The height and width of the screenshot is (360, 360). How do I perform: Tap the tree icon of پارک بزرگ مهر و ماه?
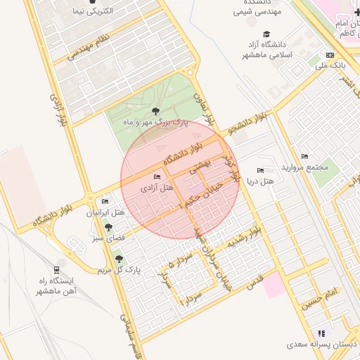(155, 111)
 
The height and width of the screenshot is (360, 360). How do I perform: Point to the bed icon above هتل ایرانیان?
(105, 202)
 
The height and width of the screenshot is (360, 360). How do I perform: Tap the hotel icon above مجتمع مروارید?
(304, 156)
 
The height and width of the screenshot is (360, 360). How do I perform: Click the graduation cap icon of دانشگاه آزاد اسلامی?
(266, 34)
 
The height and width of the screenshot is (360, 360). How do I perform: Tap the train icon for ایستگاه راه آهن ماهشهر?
(56, 269)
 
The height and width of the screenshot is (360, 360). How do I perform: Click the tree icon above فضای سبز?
(108, 227)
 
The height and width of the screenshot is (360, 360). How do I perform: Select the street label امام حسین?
(321, 299)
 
